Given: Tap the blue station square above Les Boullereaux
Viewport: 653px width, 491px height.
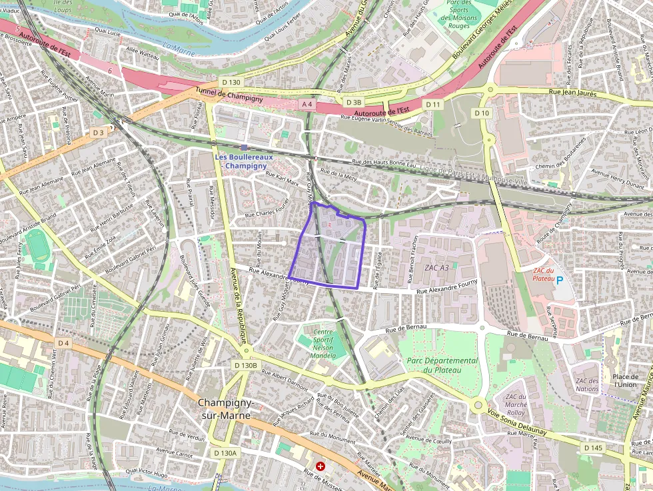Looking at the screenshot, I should (x=245, y=147).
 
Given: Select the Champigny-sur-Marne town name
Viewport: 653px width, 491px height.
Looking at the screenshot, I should (x=224, y=409).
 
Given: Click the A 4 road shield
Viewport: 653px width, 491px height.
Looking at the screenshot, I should (x=307, y=104).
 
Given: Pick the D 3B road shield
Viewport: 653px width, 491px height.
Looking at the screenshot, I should (x=353, y=102).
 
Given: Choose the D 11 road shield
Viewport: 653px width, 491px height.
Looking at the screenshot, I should (x=433, y=105).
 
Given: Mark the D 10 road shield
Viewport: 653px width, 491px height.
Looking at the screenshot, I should (x=482, y=113).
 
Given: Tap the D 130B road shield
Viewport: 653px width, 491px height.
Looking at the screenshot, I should (x=245, y=365).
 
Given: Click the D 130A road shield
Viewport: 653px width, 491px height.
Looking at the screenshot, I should (x=225, y=453).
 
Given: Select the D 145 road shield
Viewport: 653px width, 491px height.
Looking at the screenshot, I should (x=592, y=448).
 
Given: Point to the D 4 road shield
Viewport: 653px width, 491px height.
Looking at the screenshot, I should (x=63, y=342).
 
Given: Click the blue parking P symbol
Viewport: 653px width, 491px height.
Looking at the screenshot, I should (x=560, y=281).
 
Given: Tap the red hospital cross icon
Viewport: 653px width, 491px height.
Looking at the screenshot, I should (x=321, y=466).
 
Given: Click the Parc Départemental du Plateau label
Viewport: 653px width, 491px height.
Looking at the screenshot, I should (x=440, y=365).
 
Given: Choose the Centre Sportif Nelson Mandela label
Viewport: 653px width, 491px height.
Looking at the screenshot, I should (x=324, y=342).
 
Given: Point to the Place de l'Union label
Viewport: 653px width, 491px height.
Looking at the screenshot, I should (x=625, y=380).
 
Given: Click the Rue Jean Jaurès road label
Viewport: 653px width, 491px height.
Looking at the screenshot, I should (x=575, y=92).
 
